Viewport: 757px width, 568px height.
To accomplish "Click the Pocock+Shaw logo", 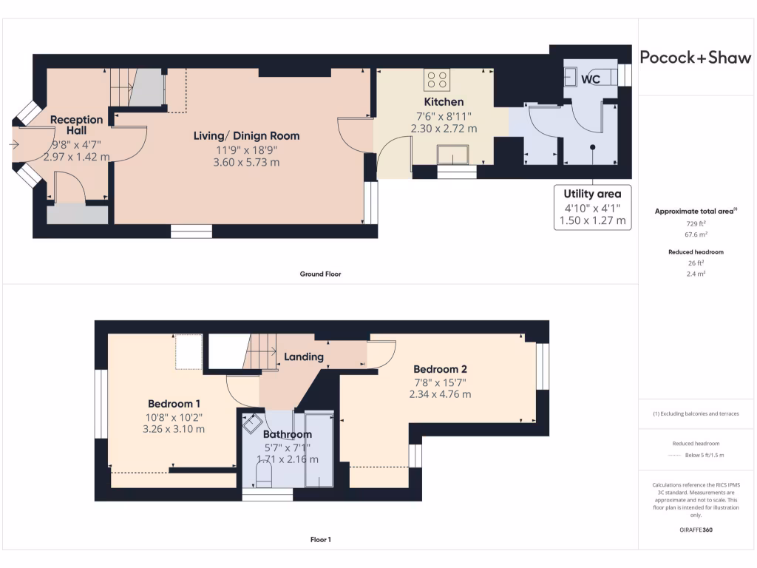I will pyautogui.click(x=695, y=58).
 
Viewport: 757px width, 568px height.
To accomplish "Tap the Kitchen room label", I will pyautogui.click(x=444, y=102).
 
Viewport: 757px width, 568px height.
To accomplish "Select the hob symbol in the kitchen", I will pyautogui.click(x=436, y=78).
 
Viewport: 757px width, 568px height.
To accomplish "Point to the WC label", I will pyautogui.click(x=591, y=79).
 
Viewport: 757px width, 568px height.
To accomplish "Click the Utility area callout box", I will pyautogui.click(x=593, y=207).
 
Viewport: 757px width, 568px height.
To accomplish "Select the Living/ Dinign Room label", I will pyautogui.click(x=246, y=136).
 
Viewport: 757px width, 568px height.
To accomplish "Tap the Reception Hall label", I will pyautogui.click(x=76, y=125).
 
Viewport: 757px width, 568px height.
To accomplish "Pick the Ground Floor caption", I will pyautogui.click(x=320, y=274).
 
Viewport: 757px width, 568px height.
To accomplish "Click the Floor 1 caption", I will pyautogui.click(x=320, y=540).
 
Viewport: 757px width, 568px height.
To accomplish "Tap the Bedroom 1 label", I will pyautogui.click(x=174, y=404).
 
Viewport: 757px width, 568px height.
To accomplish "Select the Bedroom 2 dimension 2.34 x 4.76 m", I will pyautogui.click(x=440, y=394).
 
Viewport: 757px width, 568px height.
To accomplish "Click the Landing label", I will pyautogui.click(x=304, y=356).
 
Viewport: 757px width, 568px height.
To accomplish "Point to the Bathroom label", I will pyautogui.click(x=288, y=434).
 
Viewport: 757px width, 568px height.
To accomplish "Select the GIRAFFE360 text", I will pyautogui.click(x=696, y=530).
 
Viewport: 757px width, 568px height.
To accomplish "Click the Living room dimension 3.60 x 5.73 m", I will pyautogui.click(x=246, y=162).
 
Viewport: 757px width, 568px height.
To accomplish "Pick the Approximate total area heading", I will pyautogui.click(x=695, y=212).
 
